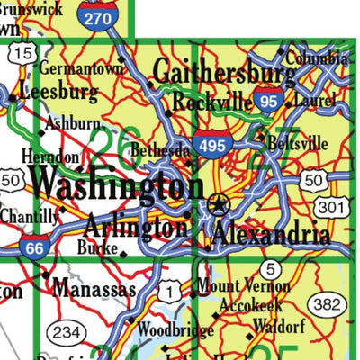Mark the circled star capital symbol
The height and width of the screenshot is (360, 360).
(x=218, y=204)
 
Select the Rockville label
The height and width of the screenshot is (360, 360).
(x=212, y=103)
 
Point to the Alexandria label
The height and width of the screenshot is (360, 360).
(x=271, y=236)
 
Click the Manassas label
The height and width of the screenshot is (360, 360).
(x=94, y=289)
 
